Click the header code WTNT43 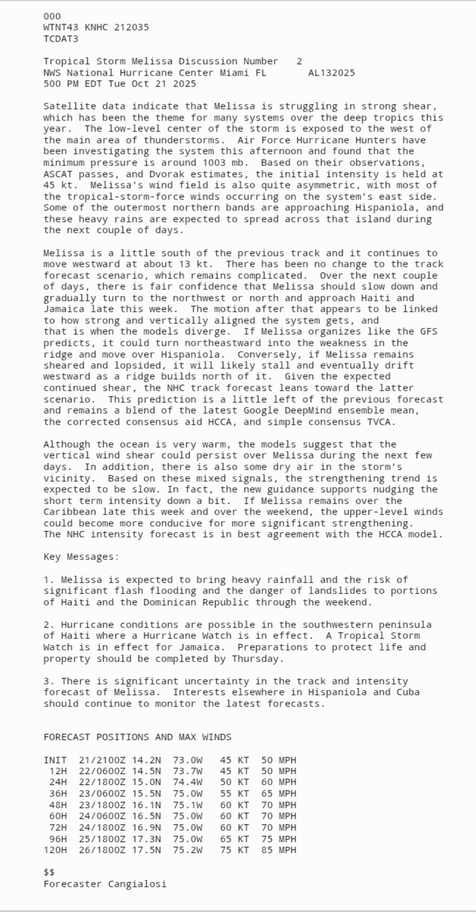61,28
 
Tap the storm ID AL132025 331,73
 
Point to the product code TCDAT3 61,39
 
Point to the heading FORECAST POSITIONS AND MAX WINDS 137,737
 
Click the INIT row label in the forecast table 55,760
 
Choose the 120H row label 55,850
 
